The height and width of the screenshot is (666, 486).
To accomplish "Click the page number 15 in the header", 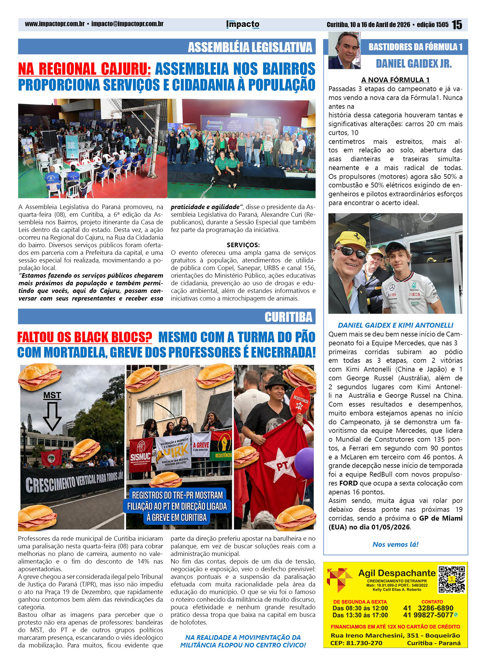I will [457, 25].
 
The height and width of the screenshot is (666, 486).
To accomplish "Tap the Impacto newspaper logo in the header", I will [243, 24].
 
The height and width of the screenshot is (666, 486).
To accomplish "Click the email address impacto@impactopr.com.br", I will [127, 24].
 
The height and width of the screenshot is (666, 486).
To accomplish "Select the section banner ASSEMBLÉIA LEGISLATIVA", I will [250, 47].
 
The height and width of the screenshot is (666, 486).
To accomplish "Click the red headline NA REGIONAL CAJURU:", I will [84, 69].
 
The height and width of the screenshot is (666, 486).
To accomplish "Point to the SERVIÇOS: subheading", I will [243, 245].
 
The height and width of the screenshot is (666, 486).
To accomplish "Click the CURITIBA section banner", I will [288, 317].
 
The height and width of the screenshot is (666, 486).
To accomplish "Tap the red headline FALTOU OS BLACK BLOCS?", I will [84, 337].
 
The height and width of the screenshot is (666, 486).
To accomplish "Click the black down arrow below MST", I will [52, 416].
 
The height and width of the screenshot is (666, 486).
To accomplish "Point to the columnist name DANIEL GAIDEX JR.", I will [413, 63].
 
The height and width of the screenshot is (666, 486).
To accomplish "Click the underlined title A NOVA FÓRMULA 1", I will [395, 80].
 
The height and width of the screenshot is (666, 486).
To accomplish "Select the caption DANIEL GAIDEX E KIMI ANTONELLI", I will [395, 325].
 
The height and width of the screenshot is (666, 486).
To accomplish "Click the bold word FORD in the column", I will [348, 483].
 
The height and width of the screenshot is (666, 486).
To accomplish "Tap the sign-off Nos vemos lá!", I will [395, 544].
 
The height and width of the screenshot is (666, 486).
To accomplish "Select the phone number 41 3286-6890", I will [428, 608].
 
